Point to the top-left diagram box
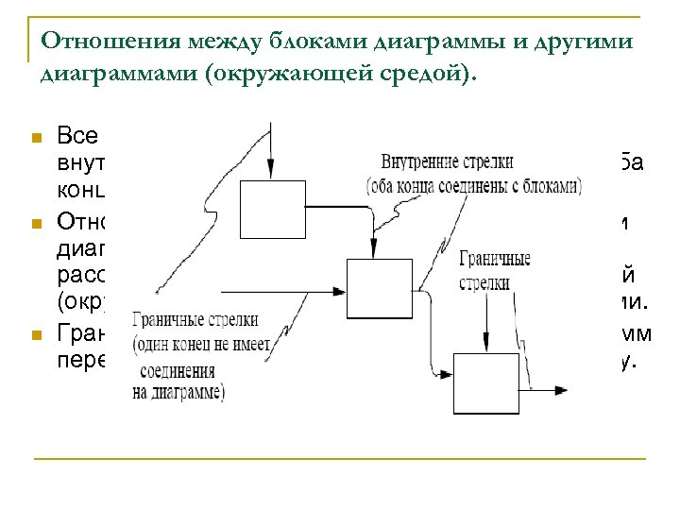(270, 202)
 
